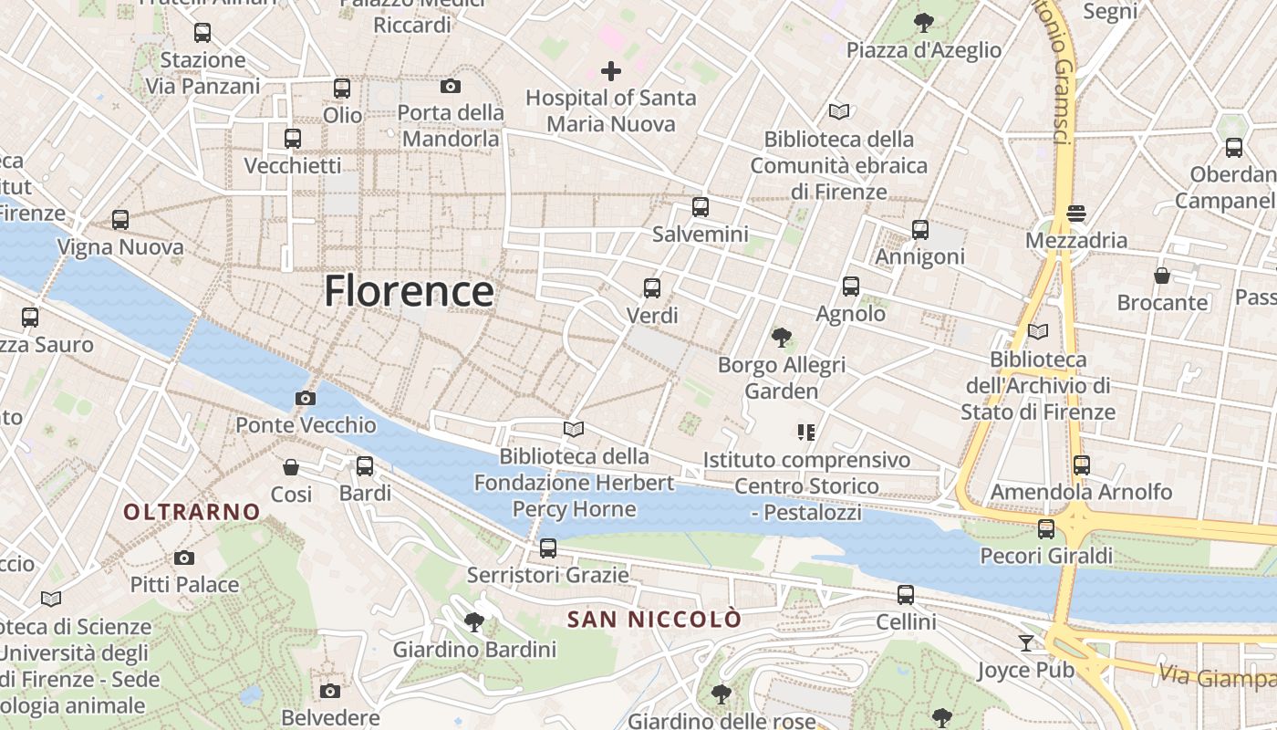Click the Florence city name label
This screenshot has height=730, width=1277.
point(410,291)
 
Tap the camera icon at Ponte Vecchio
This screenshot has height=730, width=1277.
point(306,398)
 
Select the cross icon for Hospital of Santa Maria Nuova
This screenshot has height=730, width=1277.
point(611,70)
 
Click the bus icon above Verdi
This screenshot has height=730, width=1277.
point(652,288)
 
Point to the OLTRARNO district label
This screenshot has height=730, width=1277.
point(192,512)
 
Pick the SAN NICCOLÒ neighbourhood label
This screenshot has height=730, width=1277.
point(654,620)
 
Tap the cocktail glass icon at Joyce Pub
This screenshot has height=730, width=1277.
point(1026,643)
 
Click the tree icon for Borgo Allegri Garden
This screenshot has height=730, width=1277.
point(781,338)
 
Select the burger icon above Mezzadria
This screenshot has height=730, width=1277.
point(1076,214)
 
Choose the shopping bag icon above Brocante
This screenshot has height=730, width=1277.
point(1162,275)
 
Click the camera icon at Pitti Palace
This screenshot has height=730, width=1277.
point(184,558)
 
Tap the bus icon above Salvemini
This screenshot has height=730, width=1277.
point(701,207)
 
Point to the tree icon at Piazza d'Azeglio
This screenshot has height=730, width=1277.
point(924,22)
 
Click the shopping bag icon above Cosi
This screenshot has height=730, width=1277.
point(291,467)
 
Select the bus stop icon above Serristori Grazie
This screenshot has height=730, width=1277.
point(548,547)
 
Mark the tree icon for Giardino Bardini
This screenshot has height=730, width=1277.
point(473,623)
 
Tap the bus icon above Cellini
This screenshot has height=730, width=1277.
point(906,595)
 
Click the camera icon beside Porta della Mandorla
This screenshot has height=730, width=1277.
point(451,86)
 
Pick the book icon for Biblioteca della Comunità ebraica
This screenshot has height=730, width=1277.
point(839,112)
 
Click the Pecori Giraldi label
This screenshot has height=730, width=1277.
point(1046,556)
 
